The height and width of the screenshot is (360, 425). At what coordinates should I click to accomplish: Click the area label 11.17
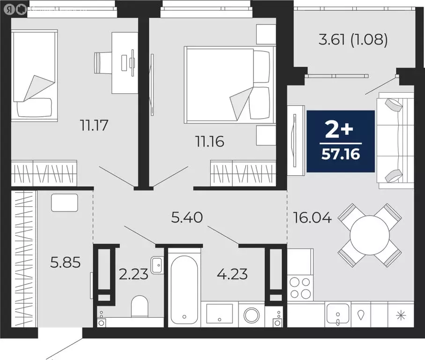[x=96, y=125]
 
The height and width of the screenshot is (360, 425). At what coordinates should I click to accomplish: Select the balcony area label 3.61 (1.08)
[x=353, y=40]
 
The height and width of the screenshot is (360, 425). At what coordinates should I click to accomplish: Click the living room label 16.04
[x=312, y=217]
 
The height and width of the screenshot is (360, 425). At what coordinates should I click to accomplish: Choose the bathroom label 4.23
[x=233, y=273]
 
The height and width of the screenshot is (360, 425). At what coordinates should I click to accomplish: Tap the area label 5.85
[x=65, y=262]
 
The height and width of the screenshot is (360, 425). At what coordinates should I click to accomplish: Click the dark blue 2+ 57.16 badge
[x=341, y=141]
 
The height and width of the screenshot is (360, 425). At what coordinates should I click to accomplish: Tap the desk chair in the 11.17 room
[x=104, y=62]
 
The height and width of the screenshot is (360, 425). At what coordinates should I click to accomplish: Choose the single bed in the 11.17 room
[x=34, y=75]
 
